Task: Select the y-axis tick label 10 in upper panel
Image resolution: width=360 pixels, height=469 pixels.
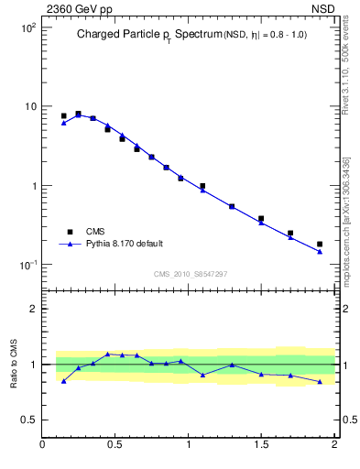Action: [x=28, y=106]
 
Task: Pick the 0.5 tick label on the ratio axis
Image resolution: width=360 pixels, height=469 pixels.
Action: [x=28, y=420]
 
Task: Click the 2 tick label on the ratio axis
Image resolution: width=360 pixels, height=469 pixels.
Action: [x=33, y=309]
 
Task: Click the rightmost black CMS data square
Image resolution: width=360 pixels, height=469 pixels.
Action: [x=320, y=244]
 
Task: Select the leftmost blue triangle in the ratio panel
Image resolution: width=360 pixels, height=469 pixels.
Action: [x=63, y=380]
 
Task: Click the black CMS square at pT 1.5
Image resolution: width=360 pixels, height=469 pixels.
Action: [x=261, y=219]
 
